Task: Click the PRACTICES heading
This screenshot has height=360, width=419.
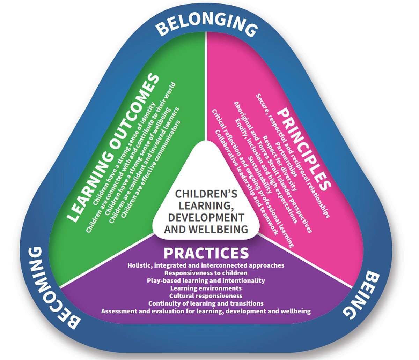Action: pos(206,253)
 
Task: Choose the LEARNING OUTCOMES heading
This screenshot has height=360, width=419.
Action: pos(113,148)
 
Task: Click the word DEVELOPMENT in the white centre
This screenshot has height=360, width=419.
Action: pos(206,218)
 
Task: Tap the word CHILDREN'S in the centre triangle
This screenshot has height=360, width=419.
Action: pos(206,194)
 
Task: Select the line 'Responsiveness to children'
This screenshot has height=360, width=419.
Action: pos(206,273)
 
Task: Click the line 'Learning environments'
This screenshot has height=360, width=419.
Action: pos(206,288)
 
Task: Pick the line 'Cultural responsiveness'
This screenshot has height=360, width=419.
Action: pos(206,296)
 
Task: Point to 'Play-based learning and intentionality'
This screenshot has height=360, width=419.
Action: pos(206,281)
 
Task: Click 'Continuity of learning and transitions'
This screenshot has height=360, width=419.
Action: pos(206,304)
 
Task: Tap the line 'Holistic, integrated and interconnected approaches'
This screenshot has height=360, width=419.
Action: pos(206,265)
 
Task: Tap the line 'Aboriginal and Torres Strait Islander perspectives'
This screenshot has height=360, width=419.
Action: pos(273,167)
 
